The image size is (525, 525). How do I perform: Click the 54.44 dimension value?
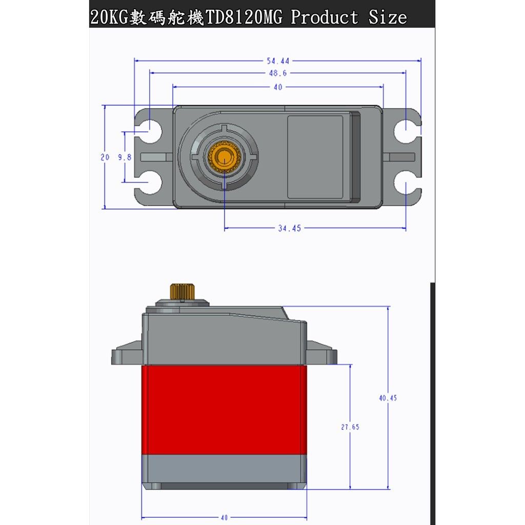click(x=278, y=60)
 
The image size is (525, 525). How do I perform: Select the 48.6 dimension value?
click(x=278, y=73)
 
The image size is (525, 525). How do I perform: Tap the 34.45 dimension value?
click(x=290, y=229)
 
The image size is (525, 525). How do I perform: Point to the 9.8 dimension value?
click(x=125, y=157)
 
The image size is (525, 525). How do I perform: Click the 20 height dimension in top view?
click(x=105, y=157)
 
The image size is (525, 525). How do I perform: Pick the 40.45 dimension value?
click(x=388, y=397)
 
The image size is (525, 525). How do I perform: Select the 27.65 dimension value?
click(x=350, y=427)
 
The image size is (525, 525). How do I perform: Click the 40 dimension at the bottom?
click(x=224, y=517)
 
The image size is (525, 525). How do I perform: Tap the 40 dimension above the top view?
click(x=278, y=87)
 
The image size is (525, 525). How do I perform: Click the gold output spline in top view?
click(x=224, y=155)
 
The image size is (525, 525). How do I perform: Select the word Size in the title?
click(x=388, y=17)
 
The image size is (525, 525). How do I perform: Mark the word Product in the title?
click(x=324, y=17)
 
